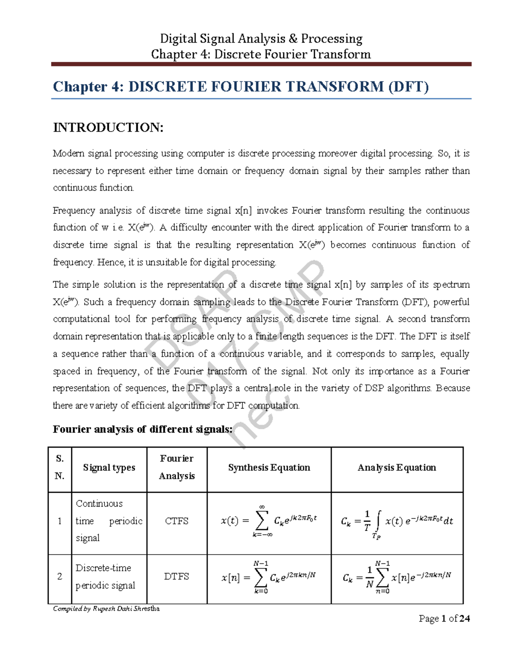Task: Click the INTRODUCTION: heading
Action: point(108,127)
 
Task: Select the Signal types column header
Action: point(109,468)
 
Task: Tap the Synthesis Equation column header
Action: point(269,468)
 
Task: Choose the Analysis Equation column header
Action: point(397,468)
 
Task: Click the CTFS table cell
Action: point(177,521)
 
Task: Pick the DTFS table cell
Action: point(177,576)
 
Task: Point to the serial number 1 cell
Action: point(60,521)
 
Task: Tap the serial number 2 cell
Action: point(60,576)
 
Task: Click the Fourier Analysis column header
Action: point(177,467)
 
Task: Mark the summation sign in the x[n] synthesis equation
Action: point(260,578)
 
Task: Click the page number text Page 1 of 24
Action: point(444,619)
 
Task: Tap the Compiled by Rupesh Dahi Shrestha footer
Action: point(106,608)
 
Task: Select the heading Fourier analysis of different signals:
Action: point(143,429)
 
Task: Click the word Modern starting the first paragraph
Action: point(68,153)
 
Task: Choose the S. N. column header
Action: point(60,467)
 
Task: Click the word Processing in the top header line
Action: point(332,39)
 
